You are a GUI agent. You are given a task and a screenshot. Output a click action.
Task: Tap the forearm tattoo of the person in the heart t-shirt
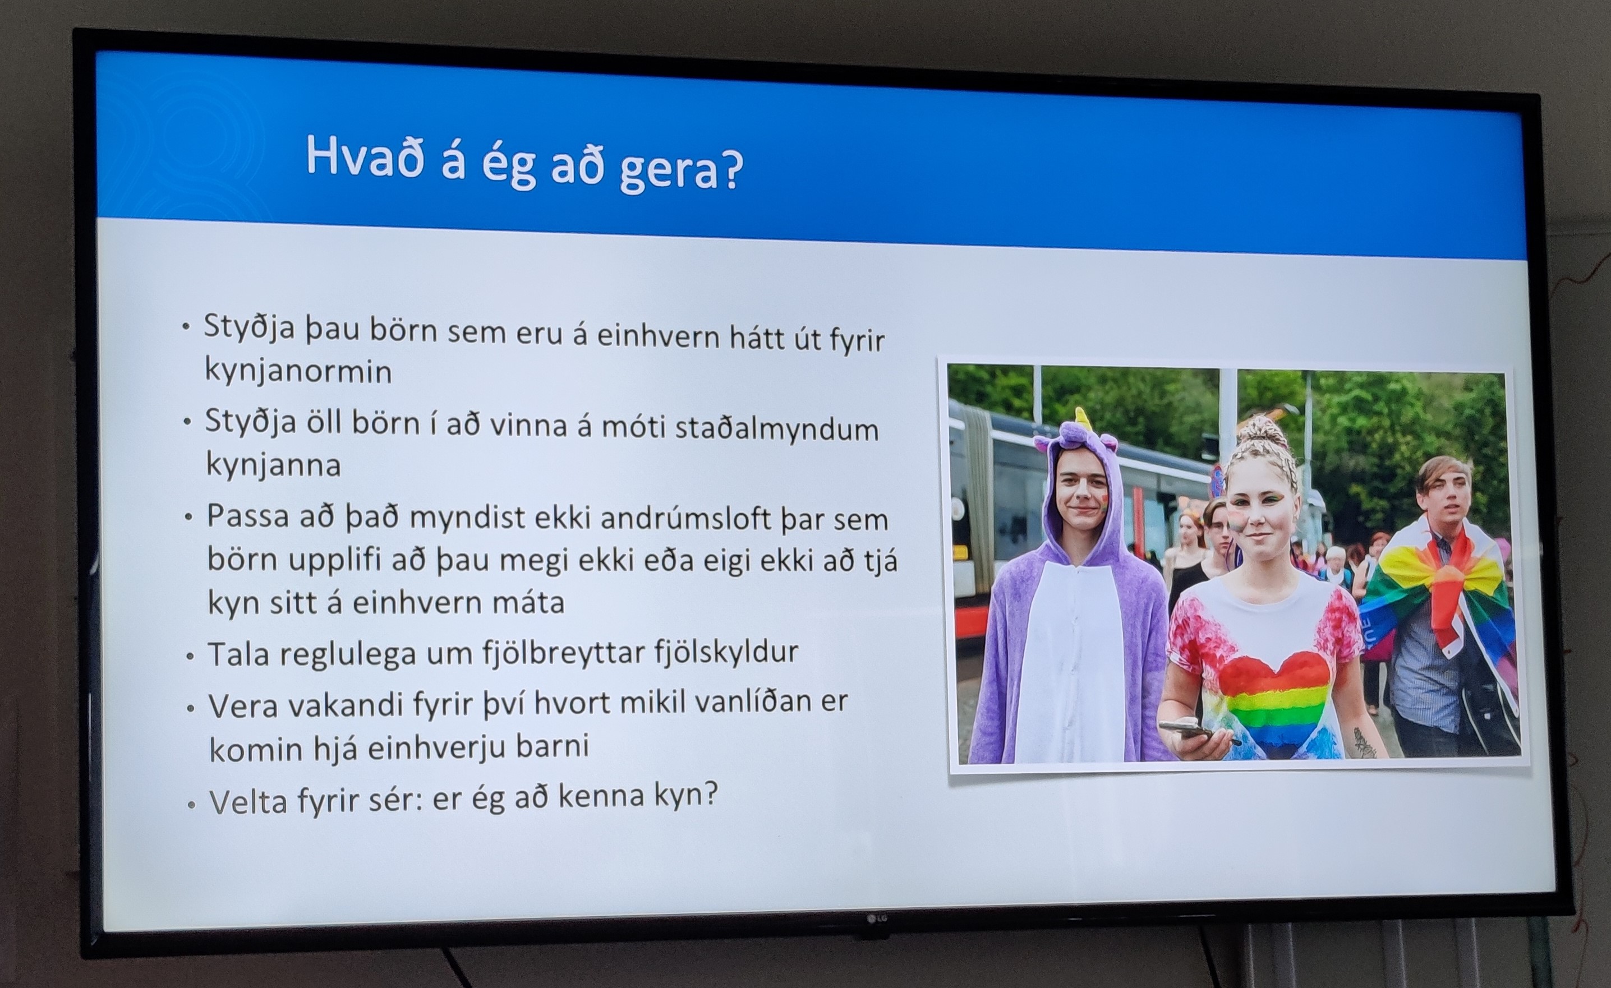pyautogui.click(x=1364, y=742)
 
